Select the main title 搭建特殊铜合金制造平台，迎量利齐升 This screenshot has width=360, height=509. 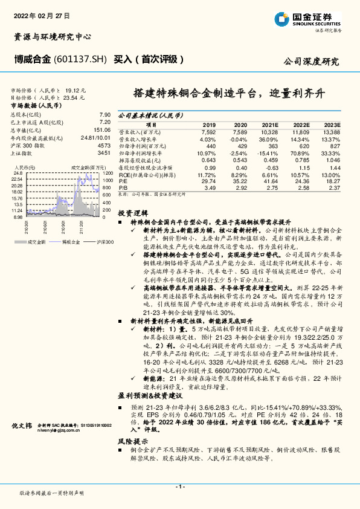tap(229, 94)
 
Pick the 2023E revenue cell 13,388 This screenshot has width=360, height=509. tap(332, 131)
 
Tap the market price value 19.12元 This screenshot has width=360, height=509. tap(76, 88)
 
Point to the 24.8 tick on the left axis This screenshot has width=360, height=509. tap(18, 173)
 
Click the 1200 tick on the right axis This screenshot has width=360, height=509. tap(108, 173)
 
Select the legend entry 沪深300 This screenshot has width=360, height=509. tap(103, 241)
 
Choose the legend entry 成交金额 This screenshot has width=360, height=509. tap(37, 241)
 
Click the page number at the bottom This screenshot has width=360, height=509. tap(179, 487)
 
